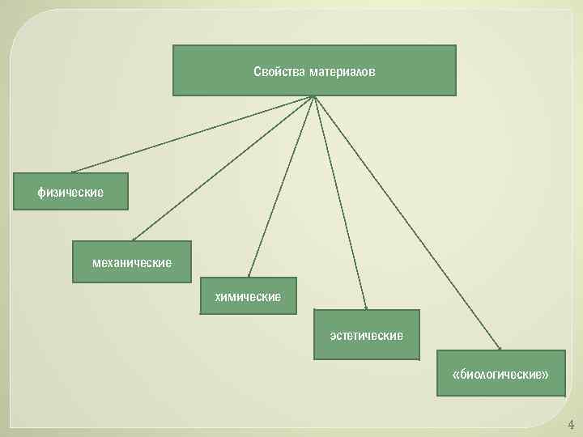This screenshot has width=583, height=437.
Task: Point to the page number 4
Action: pos(571,424)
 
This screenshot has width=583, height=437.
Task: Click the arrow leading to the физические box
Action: pos(192,134)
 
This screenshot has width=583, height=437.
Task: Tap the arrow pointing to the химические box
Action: pos(281,186)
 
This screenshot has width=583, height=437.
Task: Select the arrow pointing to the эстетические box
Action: pos(340,202)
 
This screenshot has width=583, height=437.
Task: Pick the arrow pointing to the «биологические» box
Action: pos(405,223)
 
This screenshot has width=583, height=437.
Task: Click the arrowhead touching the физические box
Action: pos(74,171)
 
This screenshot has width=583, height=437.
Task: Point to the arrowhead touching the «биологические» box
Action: pos(499,348)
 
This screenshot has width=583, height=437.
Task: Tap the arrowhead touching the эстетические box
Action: pos(366,308)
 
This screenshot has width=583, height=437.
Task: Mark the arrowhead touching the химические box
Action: pos(249,275)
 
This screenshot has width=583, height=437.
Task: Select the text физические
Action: pos(70,193)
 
